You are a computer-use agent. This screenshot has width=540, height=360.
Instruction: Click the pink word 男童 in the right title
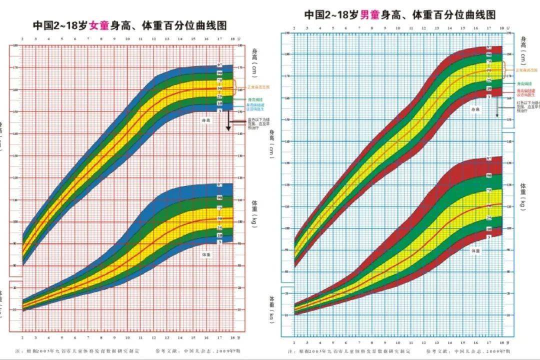[x=368, y=14]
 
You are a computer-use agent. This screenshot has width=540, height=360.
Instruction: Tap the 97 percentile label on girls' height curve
[x=219, y=66]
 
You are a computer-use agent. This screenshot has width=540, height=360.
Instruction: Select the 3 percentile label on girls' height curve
[x=219, y=109]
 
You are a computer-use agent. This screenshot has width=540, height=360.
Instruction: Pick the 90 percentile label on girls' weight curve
[x=219, y=198]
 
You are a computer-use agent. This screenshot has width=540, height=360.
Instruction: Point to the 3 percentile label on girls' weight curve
[x=219, y=241]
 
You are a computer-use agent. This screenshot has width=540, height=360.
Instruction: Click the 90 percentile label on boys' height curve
[x=489, y=55]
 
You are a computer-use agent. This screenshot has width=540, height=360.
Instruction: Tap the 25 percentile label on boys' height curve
[x=489, y=79]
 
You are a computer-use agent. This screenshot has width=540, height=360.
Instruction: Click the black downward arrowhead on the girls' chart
[x=228, y=129]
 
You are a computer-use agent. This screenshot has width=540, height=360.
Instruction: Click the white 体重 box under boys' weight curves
[x=474, y=250]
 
